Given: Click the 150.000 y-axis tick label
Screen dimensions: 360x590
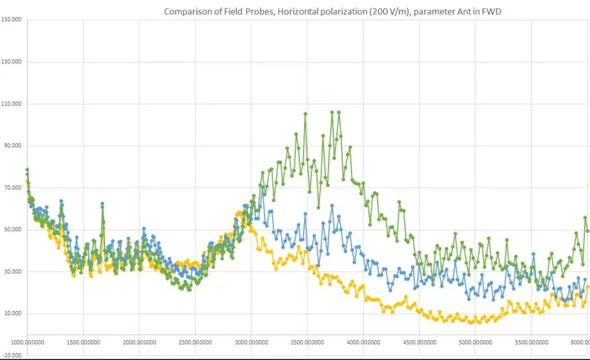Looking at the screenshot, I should click(x=12, y=20).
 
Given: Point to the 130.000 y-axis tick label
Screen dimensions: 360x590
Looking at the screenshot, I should click(x=12, y=62).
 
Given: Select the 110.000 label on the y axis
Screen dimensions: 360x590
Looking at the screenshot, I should click(x=12, y=104).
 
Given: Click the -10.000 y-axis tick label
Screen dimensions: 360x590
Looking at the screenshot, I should click(x=12, y=355).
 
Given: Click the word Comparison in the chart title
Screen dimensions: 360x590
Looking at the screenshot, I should click(x=184, y=12).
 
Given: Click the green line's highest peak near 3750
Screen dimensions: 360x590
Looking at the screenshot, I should click(x=332, y=112).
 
